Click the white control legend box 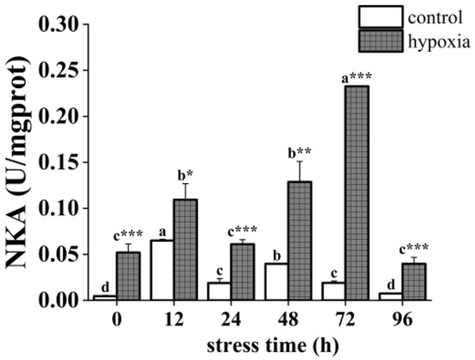382,15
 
